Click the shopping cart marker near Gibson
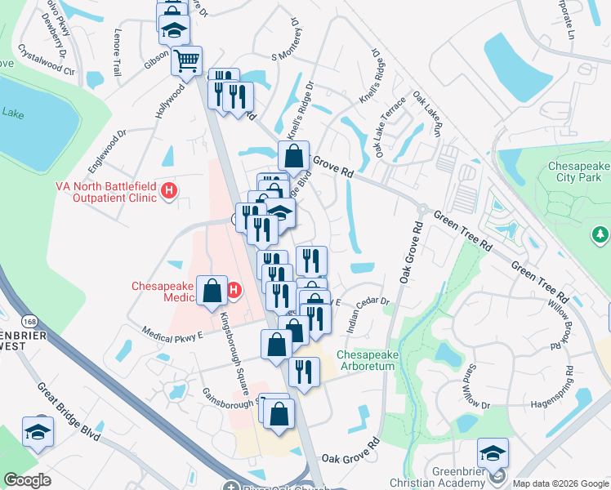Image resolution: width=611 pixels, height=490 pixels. pos(186,60)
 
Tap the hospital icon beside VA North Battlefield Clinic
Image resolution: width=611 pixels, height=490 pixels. pos(169,191)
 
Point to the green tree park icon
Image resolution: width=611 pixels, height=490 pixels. pos(600,235)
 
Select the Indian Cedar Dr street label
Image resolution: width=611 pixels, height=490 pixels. pos(369,316)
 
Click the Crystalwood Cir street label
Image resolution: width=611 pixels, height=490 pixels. pos(47,60)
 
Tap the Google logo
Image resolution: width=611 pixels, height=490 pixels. pos(27,480)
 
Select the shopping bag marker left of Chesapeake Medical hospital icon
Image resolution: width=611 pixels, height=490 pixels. pos(212,292)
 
